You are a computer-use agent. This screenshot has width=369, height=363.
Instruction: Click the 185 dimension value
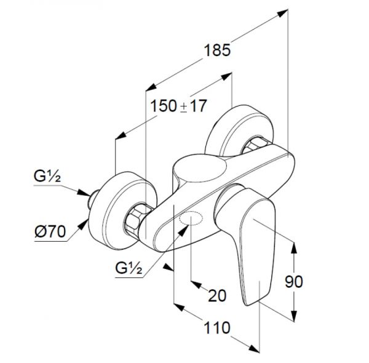click(x=217, y=50)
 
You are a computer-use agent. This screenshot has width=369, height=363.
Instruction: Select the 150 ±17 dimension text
click(x=178, y=106)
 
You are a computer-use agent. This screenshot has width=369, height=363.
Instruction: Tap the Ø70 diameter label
click(x=50, y=231)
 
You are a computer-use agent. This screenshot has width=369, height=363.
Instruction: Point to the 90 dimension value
click(x=294, y=282)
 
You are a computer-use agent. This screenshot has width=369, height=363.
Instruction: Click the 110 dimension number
click(x=216, y=327)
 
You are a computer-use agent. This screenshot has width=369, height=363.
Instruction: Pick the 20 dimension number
click(x=217, y=295)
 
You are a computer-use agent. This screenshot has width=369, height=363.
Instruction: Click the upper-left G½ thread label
click(x=47, y=176)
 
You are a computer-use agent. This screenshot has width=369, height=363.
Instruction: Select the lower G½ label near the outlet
click(x=129, y=268)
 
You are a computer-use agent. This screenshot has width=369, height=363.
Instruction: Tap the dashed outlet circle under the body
click(x=191, y=218)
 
